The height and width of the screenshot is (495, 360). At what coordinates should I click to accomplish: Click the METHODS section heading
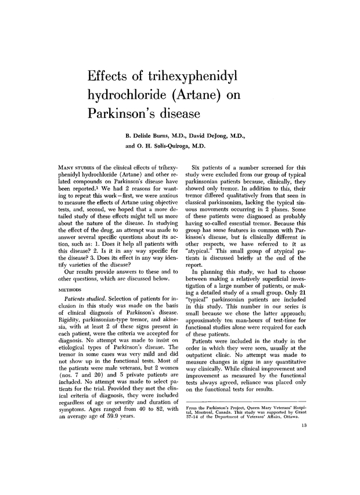point(72,288)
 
